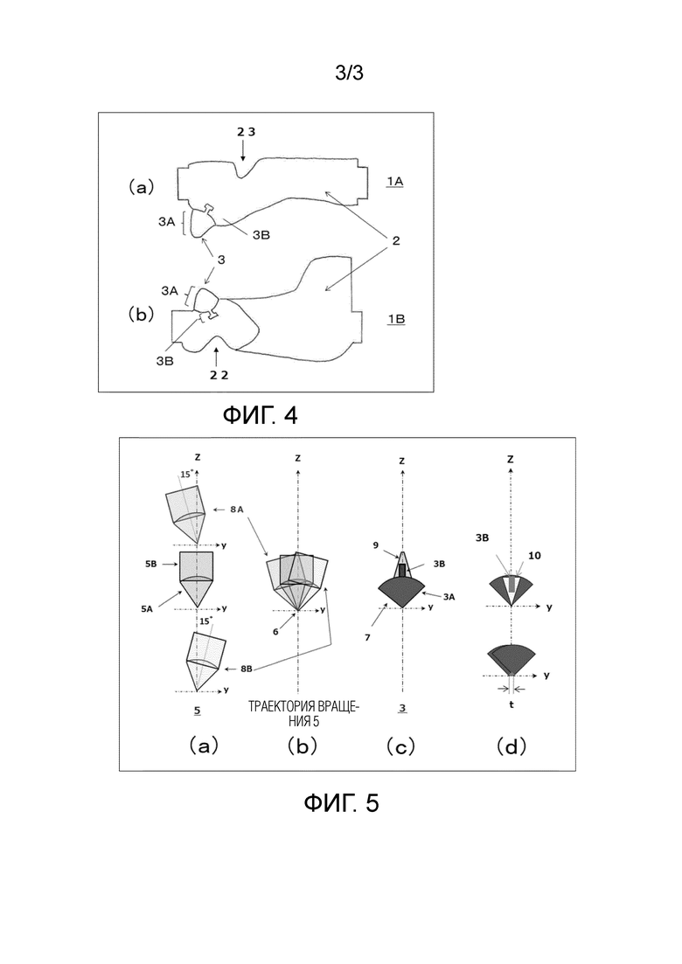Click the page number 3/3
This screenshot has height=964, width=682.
tap(349, 73)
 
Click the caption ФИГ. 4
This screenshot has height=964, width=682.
tap(260, 415)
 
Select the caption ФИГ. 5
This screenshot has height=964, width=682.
tap(341, 802)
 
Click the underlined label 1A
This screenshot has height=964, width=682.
tap(394, 181)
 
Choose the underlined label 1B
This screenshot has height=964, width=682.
tap(395, 319)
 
